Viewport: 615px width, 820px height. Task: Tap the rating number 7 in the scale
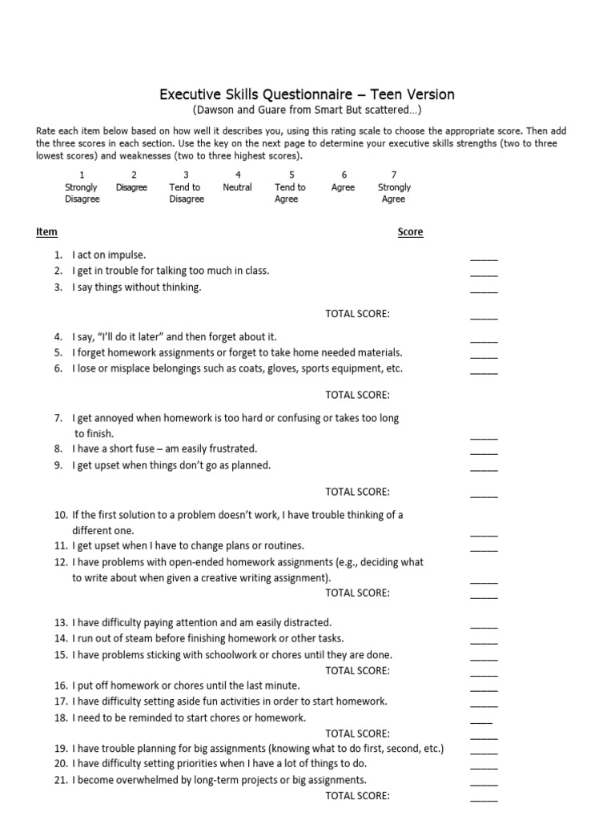[393, 175]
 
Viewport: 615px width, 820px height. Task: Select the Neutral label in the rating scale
[238, 187]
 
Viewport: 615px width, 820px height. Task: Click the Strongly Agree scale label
[393, 193]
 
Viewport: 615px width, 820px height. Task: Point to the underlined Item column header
[46, 232]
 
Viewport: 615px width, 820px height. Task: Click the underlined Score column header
[411, 232]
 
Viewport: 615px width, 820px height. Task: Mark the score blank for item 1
[484, 258]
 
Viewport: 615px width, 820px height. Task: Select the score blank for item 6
[484, 372]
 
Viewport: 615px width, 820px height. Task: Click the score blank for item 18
[481, 721]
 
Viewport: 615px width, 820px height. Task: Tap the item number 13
[61, 622]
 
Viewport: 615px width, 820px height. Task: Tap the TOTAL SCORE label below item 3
[357, 314]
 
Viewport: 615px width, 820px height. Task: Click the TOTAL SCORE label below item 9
[357, 492]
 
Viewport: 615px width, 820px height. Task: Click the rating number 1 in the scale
[82, 175]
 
